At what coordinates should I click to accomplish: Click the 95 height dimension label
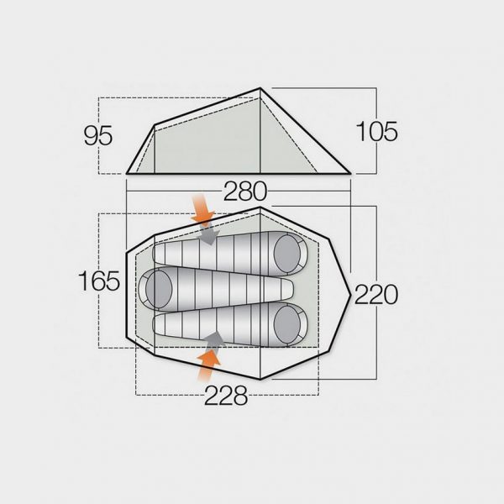coord(98,135)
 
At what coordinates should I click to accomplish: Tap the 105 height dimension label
coord(376,131)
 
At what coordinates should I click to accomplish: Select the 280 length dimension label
coord(245,191)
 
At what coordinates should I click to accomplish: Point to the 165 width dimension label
coord(99,281)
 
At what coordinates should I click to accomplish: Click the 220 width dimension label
coord(376,294)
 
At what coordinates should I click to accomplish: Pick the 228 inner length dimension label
coord(226,395)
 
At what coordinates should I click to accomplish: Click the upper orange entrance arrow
coord(202,208)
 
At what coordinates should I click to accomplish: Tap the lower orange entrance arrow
coord(207,365)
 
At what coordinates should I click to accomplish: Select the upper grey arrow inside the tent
coord(208,234)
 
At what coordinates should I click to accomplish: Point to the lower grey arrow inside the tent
coord(213,339)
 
